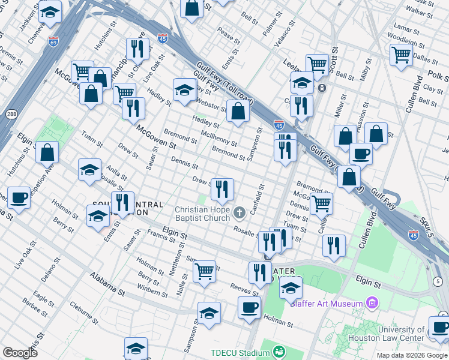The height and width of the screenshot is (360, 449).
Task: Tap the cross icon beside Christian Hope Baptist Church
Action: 239,212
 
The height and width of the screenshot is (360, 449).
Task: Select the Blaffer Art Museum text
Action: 326,304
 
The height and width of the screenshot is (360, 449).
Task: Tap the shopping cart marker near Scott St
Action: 317,64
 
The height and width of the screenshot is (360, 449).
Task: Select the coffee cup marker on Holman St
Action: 249,307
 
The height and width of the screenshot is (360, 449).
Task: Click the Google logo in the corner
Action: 20,353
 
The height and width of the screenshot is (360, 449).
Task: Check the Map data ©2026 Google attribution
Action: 411,355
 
